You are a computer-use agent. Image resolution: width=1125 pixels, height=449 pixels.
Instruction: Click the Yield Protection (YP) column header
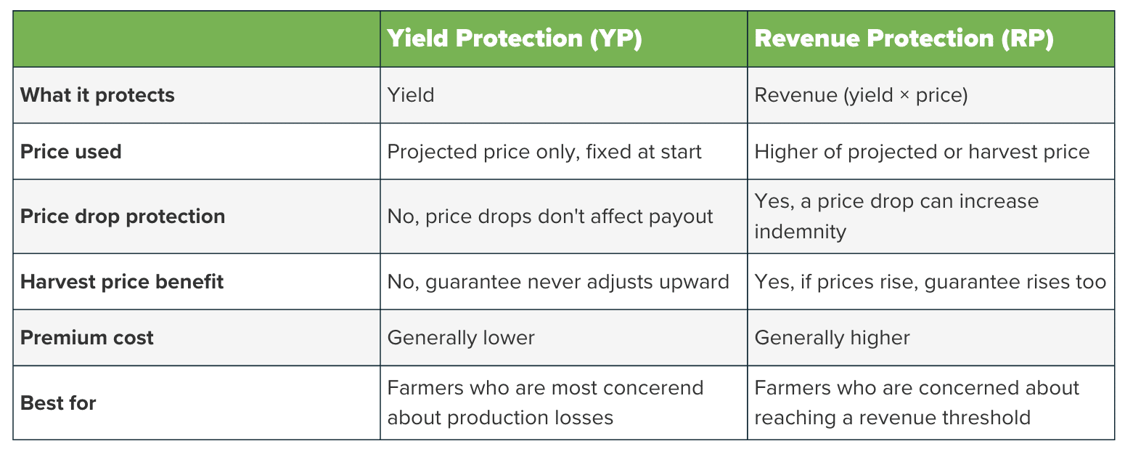coord(515,39)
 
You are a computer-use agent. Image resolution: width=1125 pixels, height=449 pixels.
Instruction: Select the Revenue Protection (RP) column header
coord(904,39)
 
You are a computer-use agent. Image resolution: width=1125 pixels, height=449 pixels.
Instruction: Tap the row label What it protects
coord(97,95)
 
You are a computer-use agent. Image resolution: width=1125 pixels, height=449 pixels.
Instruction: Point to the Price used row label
coord(71,151)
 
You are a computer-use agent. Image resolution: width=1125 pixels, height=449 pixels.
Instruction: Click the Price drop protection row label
coord(123,217)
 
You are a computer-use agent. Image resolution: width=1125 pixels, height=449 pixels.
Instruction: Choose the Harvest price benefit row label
coord(121,282)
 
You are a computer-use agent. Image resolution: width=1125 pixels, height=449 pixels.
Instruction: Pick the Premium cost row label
coord(87,337)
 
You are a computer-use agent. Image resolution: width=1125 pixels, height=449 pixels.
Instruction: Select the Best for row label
coord(58,403)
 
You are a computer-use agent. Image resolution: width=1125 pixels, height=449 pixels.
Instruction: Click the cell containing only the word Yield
coord(410,95)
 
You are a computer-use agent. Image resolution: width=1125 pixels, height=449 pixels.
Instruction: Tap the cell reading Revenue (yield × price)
coord(861,95)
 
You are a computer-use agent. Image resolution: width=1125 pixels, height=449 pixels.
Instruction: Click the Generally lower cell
coord(461,337)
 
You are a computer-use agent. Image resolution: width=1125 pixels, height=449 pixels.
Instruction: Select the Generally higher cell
coord(832,337)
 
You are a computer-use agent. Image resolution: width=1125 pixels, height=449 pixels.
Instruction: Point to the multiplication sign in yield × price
coord(904,95)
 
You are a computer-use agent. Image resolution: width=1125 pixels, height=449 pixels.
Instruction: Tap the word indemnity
coord(800,231)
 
